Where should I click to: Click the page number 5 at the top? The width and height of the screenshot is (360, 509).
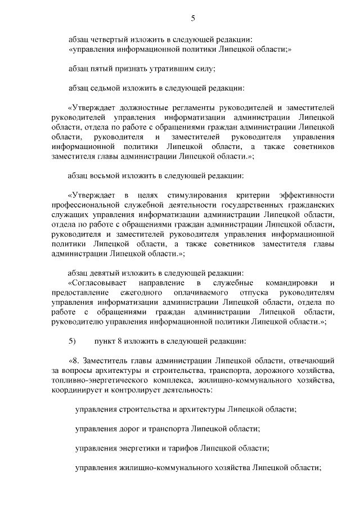click(193, 19)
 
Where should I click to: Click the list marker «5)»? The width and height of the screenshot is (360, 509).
click(71, 341)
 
